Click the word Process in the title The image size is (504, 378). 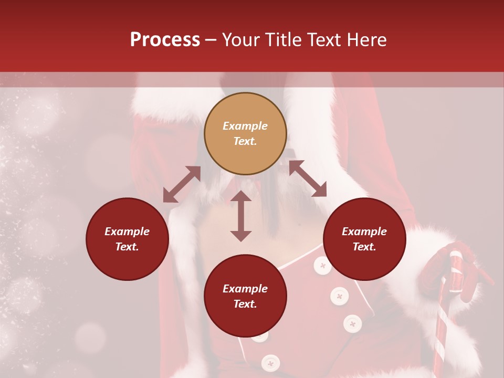[165, 40]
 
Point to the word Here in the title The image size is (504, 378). [367, 40]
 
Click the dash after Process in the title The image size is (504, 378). [211, 41]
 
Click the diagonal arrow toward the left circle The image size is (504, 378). [182, 184]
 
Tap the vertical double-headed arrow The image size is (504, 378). [241, 216]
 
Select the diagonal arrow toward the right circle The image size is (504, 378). [308, 178]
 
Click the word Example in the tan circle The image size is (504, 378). [245, 126]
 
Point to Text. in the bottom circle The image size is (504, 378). [245, 304]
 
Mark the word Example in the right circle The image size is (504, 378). [364, 232]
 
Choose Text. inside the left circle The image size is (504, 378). [127, 247]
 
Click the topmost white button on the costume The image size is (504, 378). [322, 266]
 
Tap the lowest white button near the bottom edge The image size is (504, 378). [270, 362]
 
